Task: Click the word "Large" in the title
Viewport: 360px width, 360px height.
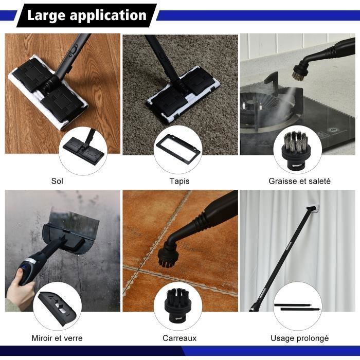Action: (x=46, y=15)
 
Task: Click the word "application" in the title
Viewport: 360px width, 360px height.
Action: (x=108, y=15)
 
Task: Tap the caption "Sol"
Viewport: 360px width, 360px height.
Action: (x=57, y=181)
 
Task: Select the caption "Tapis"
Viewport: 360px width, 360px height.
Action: (x=179, y=181)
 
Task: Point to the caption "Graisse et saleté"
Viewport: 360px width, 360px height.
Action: (x=299, y=181)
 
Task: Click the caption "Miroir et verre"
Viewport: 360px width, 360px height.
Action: (x=57, y=338)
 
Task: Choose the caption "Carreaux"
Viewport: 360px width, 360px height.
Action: (x=179, y=338)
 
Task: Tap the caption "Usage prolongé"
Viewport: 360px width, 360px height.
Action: (x=299, y=338)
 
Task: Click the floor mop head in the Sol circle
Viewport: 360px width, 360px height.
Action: (x=83, y=150)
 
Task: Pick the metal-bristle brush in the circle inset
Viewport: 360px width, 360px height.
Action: (x=295, y=150)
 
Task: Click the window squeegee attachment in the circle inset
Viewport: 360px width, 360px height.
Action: (x=58, y=309)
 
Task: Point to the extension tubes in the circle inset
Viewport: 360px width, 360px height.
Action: (x=297, y=307)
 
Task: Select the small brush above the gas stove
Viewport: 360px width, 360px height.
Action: (x=299, y=70)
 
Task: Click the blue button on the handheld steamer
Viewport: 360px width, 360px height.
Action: (x=24, y=267)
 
